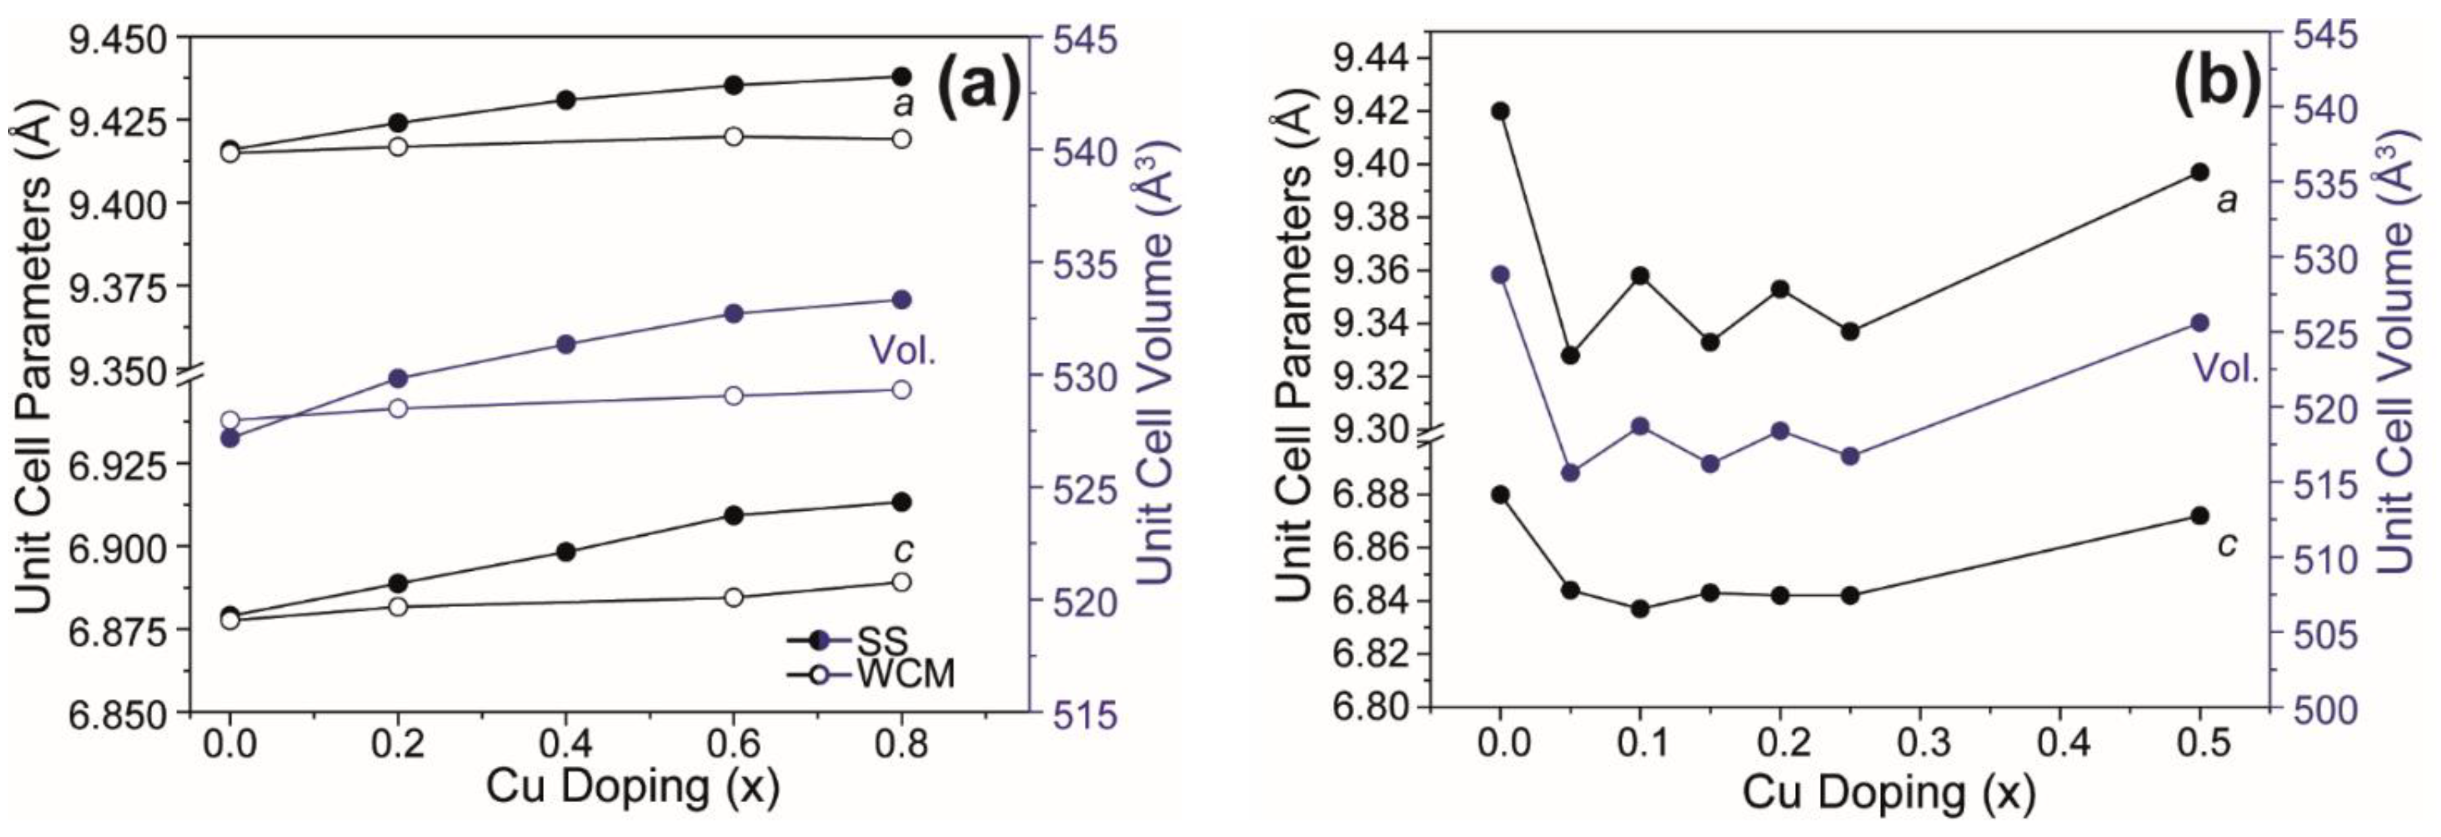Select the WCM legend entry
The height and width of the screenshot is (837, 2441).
tap(905, 674)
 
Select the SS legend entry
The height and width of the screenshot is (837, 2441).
tap(882, 640)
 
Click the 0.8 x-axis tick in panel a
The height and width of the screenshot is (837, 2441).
tap(901, 745)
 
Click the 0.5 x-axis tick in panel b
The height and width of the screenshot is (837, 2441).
tap(2201, 742)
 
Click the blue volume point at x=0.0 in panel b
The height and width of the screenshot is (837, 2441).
tap(1500, 275)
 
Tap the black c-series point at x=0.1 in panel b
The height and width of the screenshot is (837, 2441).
tap(1640, 608)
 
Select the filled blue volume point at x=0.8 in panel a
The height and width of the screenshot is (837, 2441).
tap(901, 299)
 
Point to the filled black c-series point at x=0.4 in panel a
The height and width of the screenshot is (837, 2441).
tap(566, 552)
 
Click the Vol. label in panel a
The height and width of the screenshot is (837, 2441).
tap(902, 352)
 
